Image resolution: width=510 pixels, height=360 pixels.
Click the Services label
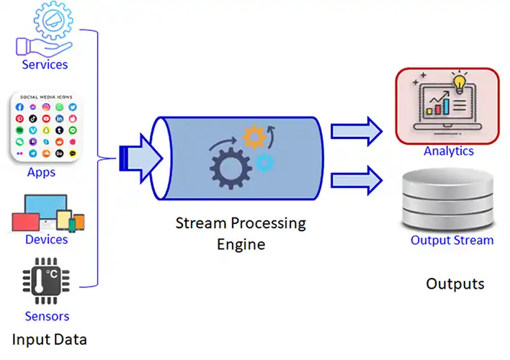pos(45,65)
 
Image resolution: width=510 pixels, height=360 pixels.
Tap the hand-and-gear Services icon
pos(45,31)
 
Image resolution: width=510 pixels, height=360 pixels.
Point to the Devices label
pos(46,239)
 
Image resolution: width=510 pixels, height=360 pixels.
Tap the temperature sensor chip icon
pos(45,283)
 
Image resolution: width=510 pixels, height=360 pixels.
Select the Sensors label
pos(47,316)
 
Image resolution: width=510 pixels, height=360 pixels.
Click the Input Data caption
pos(49,338)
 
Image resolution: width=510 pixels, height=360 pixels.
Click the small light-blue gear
pos(265,162)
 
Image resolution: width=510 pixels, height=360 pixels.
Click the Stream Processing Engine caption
pos(241,233)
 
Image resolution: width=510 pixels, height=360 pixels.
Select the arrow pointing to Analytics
pos(357,130)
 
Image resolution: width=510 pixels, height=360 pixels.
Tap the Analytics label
pos(448,151)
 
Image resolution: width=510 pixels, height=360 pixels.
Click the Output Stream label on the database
pos(452,240)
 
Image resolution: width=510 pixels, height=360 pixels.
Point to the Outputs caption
pos(455,284)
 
